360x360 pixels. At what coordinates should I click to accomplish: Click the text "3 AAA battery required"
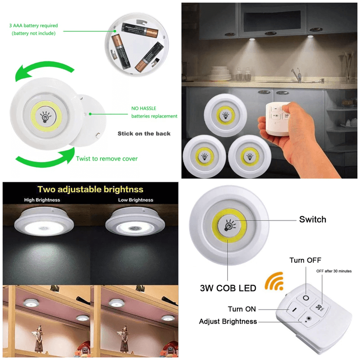(x=35, y=26)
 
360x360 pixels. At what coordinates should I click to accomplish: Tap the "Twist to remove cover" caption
(x=107, y=158)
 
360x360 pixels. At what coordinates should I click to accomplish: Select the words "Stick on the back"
(x=144, y=134)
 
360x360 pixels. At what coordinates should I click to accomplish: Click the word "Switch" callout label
(x=312, y=220)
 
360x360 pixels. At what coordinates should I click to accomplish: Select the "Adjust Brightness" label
(x=228, y=321)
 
